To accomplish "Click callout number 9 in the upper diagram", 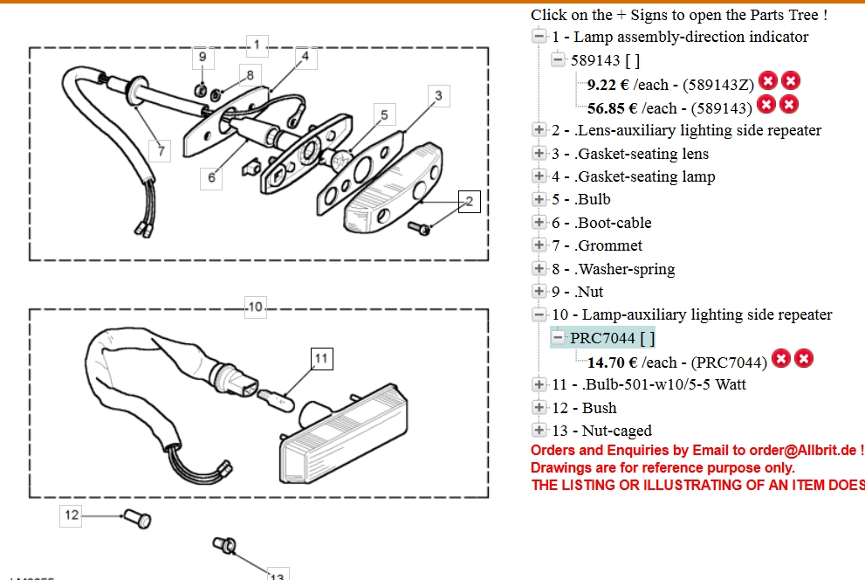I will [203, 58].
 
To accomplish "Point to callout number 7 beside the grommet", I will [161, 150].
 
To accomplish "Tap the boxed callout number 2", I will [469, 202].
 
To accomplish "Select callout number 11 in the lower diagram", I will [321, 358].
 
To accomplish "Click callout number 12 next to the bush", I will [72, 515].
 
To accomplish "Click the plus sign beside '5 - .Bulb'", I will [539, 199].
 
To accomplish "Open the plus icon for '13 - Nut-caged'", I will [539, 431].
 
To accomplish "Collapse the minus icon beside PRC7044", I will [559, 338].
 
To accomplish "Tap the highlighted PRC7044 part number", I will [602, 338].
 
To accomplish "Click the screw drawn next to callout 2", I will [421, 226].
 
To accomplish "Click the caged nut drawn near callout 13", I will [224, 546].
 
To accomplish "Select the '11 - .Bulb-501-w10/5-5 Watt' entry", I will [649, 384].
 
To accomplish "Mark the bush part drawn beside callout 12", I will [138, 519].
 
